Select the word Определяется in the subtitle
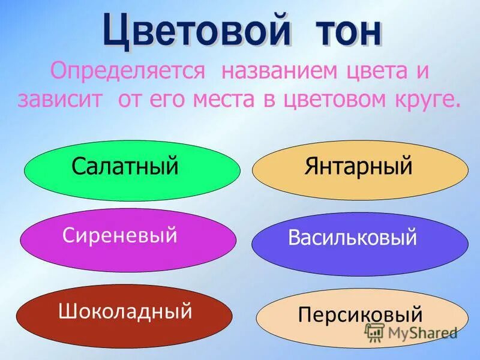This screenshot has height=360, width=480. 128,73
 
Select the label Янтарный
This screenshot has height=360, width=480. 358,166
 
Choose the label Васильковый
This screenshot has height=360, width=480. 352,238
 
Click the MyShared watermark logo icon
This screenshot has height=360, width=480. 376,332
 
